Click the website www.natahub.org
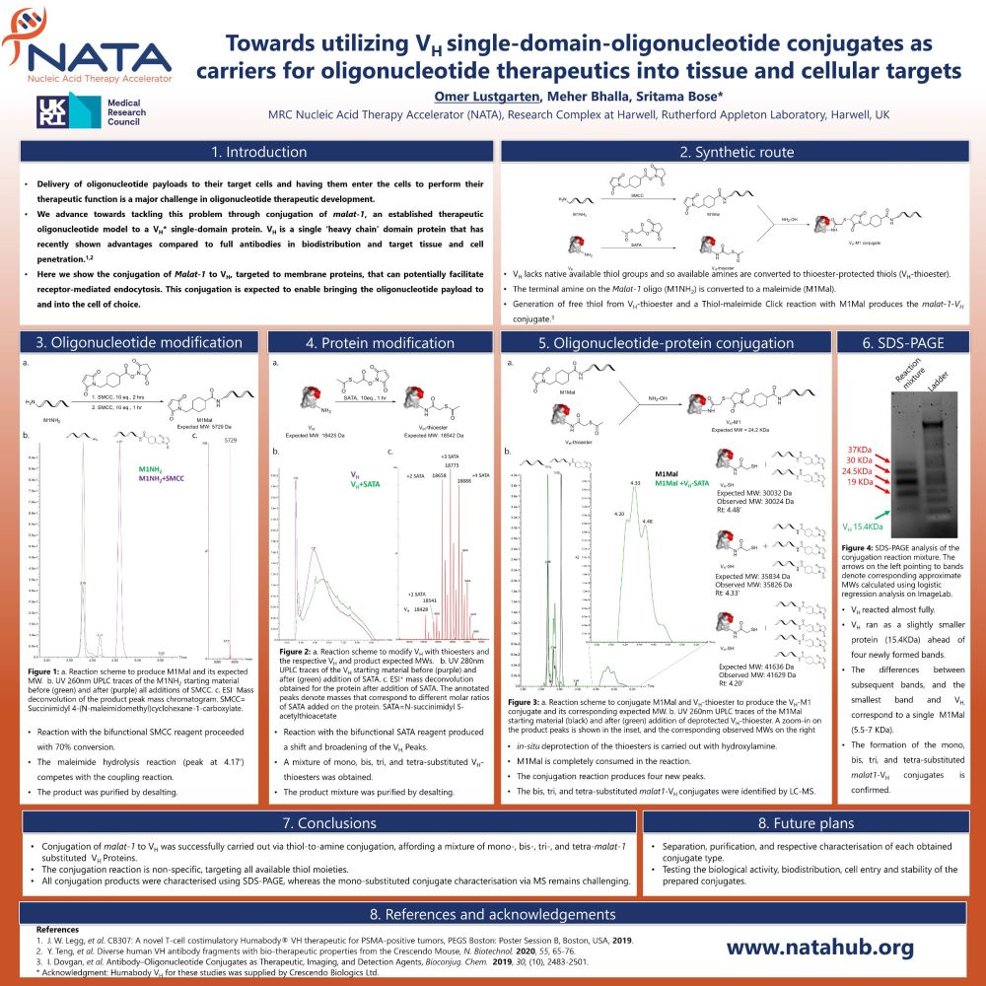(820, 948)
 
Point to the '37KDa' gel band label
(860, 450)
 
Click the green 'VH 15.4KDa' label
(869, 526)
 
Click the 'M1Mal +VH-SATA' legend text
(681, 484)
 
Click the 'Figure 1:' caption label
(44, 671)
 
